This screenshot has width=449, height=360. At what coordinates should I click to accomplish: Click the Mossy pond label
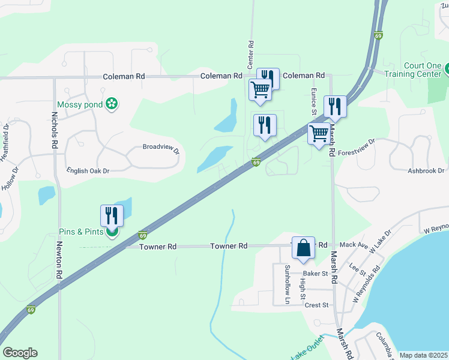tap(79, 104)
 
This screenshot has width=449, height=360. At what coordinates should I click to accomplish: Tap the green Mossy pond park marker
tap(111, 104)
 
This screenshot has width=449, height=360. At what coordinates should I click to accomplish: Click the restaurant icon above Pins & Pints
tap(112, 215)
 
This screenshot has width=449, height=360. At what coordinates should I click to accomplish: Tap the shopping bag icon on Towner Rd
tap(303, 248)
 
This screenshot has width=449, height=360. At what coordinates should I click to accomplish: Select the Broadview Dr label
tap(161, 148)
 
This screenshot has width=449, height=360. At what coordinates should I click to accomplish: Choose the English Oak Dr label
tap(88, 171)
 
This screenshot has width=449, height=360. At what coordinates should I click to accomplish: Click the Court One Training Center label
tap(414, 70)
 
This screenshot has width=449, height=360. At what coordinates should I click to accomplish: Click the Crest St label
tap(316, 305)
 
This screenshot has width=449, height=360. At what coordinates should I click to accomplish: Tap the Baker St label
tap(314, 274)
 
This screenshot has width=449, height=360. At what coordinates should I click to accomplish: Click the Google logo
tap(20, 353)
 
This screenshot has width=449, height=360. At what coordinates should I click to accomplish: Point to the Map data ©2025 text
tap(423, 355)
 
